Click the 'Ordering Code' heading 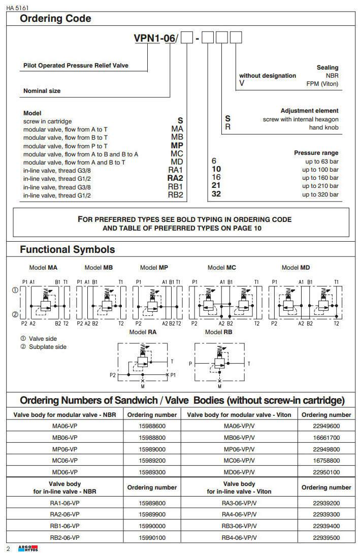[x=55, y=19]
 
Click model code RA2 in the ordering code [x=175, y=178]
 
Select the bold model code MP [x=177, y=145]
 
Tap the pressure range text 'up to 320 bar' [x=320, y=194]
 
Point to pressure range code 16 [x=216, y=178]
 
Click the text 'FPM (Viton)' [x=322, y=84]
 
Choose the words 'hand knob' [x=324, y=127]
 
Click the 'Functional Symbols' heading [x=67, y=249]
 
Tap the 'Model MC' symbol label [x=222, y=268]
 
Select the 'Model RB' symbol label [x=219, y=332]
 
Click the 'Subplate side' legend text [x=48, y=347]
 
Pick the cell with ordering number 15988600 [x=152, y=426]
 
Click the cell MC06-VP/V [x=239, y=461]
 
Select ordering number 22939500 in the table [x=326, y=538]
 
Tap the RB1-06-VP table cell [x=64, y=527]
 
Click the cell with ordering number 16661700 [x=326, y=437]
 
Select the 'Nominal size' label [x=42, y=91]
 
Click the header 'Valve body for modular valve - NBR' [x=64, y=414]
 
